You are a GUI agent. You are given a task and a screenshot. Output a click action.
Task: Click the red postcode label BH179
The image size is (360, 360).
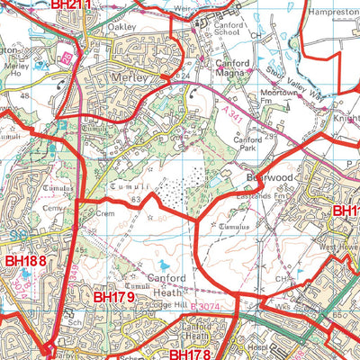tap(113, 296)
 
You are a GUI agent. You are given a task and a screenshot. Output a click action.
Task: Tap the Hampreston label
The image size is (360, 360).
tap(332, 13)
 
